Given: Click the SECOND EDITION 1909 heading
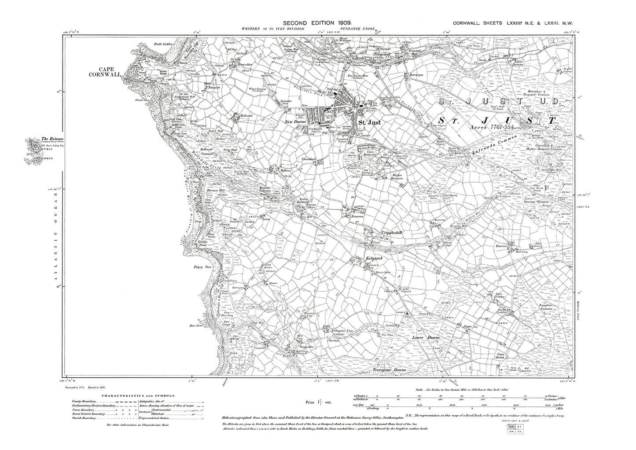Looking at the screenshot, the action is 316,22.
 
